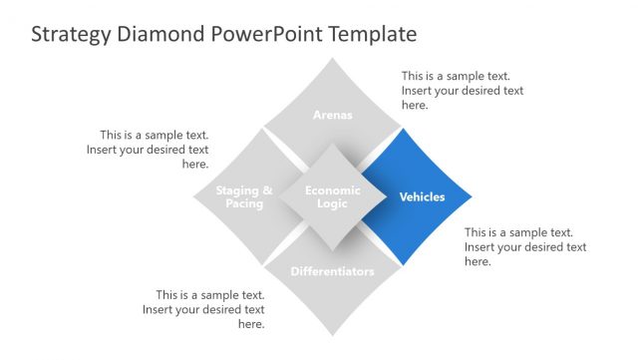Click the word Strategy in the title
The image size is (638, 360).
click(x=71, y=35)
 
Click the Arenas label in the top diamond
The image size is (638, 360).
click(x=333, y=115)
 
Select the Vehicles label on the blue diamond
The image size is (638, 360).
click(x=422, y=196)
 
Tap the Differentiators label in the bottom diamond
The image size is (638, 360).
click(x=333, y=271)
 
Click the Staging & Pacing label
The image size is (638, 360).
click(x=244, y=196)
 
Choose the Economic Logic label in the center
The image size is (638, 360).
click(x=333, y=196)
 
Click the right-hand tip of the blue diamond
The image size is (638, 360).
click(x=470, y=196)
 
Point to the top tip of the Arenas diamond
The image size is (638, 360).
click(x=333, y=59)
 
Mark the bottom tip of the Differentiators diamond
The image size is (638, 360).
click(x=333, y=335)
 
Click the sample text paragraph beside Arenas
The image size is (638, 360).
click(x=462, y=90)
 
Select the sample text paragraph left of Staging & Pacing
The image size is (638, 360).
click(x=155, y=150)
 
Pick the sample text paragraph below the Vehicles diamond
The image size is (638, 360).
click(x=524, y=246)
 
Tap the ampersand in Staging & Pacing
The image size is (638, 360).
click(x=266, y=190)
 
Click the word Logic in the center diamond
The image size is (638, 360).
click(x=333, y=203)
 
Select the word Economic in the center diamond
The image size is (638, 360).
click(x=333, y=189)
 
